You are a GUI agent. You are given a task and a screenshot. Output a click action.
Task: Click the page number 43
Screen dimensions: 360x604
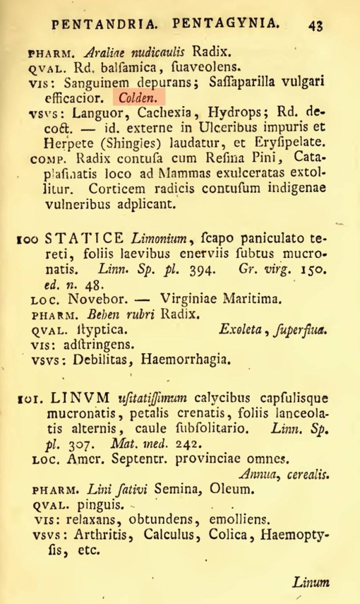pyautogui.click(x=314, y=23)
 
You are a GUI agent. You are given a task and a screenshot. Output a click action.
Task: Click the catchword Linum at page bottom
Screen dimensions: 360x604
pyautogui.click(x=311, y=584)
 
